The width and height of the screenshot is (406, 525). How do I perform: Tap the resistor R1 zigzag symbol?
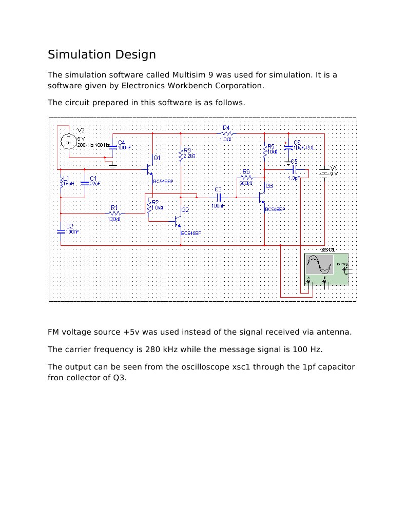[114, 213]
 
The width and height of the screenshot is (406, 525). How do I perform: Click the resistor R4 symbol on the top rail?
[226, 133]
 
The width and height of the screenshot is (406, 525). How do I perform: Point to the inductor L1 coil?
[61, 183]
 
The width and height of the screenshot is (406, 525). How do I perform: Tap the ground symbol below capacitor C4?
[113, 165]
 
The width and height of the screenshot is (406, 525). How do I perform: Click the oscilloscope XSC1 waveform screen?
[319, 266]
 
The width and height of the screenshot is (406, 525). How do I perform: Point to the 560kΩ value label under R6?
[246, 183]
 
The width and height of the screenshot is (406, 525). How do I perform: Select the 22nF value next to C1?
[95, 183]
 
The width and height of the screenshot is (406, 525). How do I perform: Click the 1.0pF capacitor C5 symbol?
[294, 168]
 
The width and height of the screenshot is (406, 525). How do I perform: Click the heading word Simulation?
[76, 54]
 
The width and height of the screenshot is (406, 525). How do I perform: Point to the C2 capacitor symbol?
[61, 229]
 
